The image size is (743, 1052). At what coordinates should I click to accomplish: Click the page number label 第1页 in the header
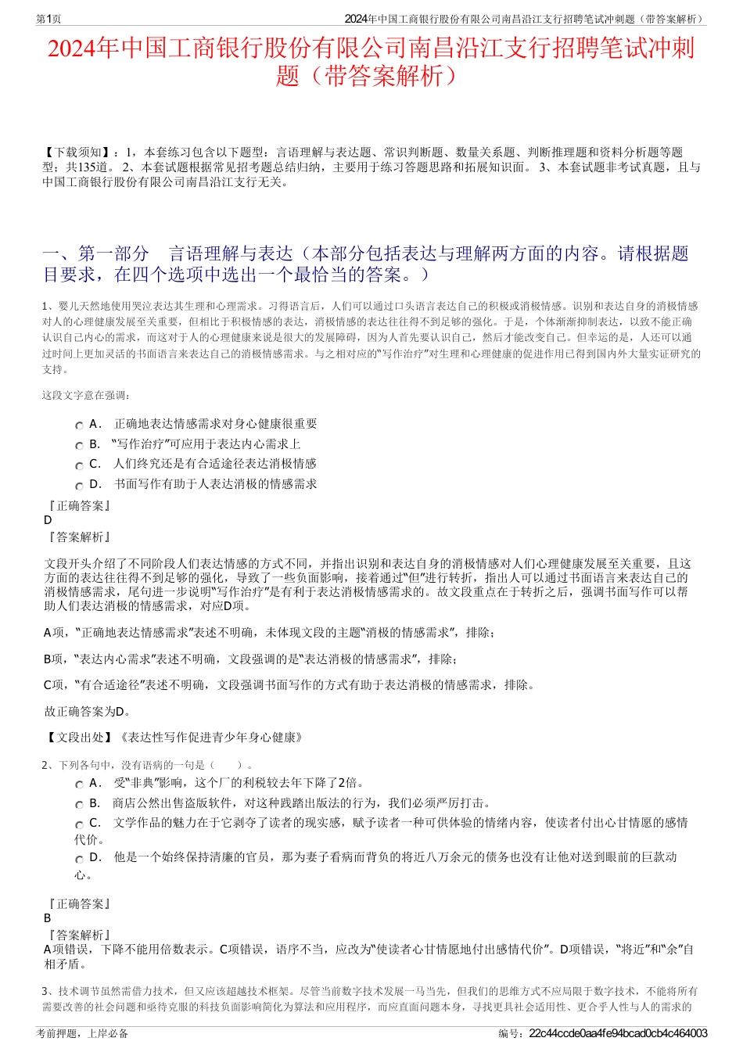tap(48, 19)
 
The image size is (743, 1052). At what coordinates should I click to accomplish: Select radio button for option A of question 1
tap(79, 425)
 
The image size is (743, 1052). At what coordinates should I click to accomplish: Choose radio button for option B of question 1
tap(79, 446)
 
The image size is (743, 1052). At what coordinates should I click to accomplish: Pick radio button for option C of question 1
tap(79, 465)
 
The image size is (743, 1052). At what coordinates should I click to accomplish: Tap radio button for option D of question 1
tap(79, 486)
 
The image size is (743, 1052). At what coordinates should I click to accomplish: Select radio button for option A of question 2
tap(79, 785)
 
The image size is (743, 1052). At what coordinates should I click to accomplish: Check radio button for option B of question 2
tap(79, 805)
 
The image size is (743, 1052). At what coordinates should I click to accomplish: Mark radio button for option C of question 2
tap(79, 824)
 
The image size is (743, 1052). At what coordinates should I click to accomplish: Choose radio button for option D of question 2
tap(79, 859)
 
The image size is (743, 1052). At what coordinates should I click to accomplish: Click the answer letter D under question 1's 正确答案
tap(48, 520)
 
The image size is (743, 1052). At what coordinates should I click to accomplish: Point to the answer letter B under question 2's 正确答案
tap(48, 918)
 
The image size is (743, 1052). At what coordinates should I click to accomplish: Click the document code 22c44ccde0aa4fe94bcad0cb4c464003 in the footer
tap(618, 1033)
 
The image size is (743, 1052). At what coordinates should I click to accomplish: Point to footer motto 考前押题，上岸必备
tap(82, 1033)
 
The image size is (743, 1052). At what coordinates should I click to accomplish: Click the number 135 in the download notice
tap(87, 167)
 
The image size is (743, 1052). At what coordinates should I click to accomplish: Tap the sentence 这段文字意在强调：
tap(87, 395)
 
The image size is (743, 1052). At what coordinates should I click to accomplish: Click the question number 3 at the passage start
tap(45, 991)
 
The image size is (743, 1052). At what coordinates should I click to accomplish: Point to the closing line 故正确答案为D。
tap(88, 711)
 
